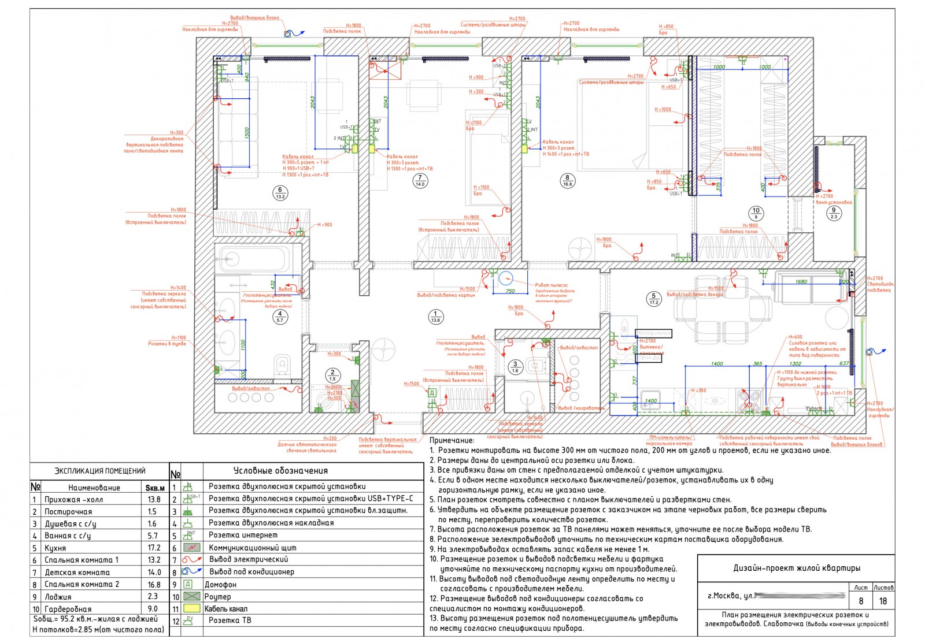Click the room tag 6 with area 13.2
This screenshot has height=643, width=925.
point(280,193)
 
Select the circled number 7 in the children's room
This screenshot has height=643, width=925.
point(420,181)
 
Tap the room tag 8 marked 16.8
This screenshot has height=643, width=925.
point(567,181)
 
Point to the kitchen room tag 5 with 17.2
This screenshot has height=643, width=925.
point(654,299)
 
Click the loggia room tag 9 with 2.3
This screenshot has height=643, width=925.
point(834,213)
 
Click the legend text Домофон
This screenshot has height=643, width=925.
point(220,584)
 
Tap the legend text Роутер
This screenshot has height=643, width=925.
point(217,596)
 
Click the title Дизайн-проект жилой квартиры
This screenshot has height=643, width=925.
point(796,568)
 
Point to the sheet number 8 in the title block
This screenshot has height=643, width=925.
point(861,601)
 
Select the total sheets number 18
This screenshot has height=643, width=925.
point(883,601)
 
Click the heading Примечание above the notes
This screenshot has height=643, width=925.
point(452,441)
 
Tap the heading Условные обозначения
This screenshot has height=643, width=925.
point(280,471)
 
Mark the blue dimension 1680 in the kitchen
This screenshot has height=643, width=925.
point(801,282)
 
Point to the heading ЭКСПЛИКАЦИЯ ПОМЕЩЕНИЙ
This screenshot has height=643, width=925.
point(99,471)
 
